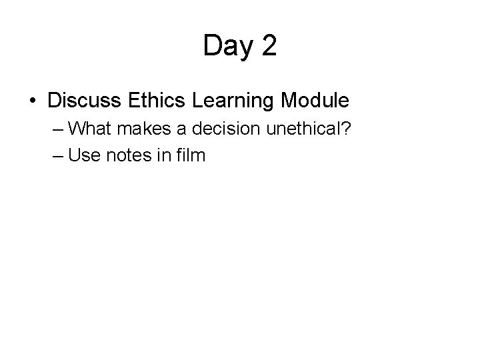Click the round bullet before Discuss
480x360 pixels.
click(x=33, y=101)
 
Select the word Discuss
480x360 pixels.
click(x=83, y=101)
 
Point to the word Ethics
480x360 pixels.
click(x=155, y=101)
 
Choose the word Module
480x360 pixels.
click(x=315, y=101)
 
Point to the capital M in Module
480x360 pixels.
click(x=291, y=101)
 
